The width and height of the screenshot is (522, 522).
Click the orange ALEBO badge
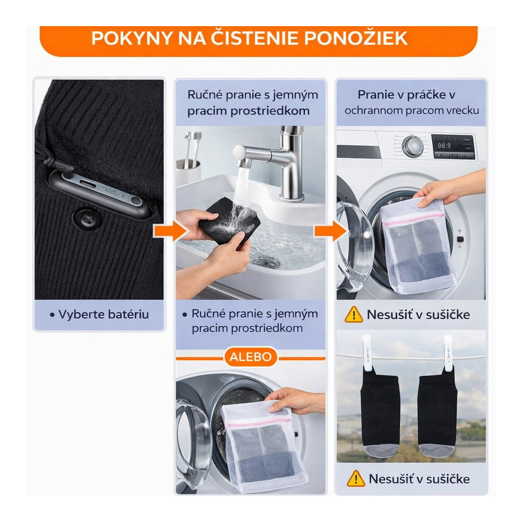251,357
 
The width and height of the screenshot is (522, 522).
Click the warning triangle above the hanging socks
354,315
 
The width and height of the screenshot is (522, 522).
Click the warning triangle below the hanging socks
356,479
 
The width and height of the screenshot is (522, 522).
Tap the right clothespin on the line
448,354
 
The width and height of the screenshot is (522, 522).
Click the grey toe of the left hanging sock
381,450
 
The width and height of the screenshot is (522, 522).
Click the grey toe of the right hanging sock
436,450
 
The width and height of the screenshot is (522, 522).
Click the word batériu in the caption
127,315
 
